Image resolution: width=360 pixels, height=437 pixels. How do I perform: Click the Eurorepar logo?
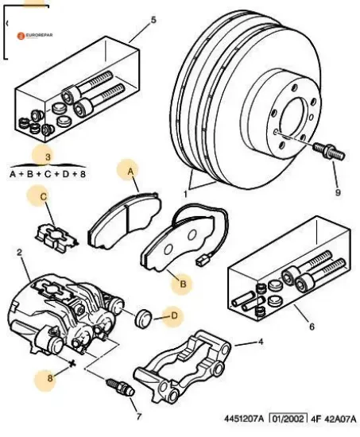click(x=35, y=36)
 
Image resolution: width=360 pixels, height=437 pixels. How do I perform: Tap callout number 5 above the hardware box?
click(x=153, y=21)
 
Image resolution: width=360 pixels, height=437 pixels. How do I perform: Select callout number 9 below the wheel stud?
click(x=338, y=192)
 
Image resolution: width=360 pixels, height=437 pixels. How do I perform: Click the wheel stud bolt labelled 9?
click(x=329, y=150)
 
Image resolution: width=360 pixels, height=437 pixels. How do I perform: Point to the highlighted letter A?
click(x=131, y=172)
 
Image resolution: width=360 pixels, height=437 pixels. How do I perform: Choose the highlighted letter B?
click(x=183, y=284)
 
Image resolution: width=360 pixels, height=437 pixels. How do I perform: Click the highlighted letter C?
click(x=43, y=197)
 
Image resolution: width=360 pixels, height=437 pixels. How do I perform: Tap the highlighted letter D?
click(x=174, y=315)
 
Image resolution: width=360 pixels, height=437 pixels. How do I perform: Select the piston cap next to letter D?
click(x=143, y=318)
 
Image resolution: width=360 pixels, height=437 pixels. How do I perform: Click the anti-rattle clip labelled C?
click(x=56, y=238)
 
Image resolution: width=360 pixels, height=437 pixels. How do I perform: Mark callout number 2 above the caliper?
click(x=19, y=253)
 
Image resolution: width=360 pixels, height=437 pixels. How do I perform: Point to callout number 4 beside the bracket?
click(x=261, y=342)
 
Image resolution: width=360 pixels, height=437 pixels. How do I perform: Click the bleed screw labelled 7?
click(x=121, y=388)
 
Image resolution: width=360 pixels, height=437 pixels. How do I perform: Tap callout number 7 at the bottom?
click(x=139, y=416)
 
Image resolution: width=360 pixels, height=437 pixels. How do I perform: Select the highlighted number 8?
click(x=50, y=378)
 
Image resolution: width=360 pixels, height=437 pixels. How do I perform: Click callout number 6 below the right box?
click(x=312, y=326)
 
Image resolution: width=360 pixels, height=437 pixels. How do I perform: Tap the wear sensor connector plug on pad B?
click(x=200, y=261)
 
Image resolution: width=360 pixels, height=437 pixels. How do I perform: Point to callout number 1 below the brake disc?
click(x=185, y=194)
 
